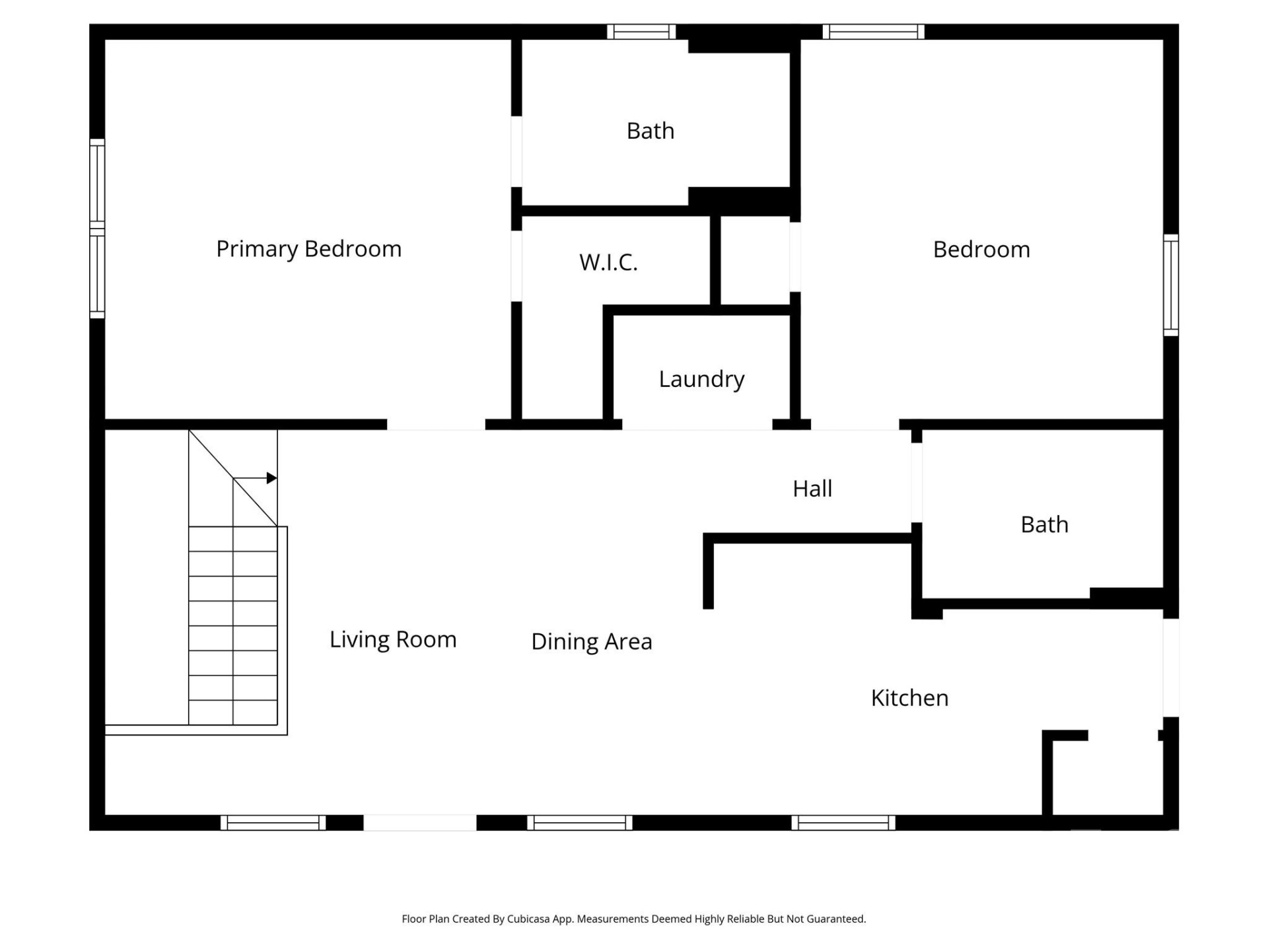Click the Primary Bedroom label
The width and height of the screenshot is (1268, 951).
click(308, 249)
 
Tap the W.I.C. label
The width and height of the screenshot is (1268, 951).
click(608, 262)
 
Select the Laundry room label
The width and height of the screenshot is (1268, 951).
click(701, 379)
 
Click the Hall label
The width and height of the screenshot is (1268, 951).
click(812, 489)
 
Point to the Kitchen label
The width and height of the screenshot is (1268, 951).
click(909, 697)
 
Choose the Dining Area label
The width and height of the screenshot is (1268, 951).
click(591, 641)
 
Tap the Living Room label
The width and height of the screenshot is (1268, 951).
click(393, 639)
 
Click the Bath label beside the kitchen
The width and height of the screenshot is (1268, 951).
click(1044, 524)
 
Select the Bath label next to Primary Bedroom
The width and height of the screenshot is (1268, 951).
click(650, 131)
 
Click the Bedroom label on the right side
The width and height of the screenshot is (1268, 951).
click(981, 250)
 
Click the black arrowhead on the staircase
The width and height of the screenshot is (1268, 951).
click(271, 478)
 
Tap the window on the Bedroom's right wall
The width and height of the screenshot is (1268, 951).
click(1170, 285)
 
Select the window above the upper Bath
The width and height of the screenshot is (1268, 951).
click(641, 32)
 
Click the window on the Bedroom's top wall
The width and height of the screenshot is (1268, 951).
click(873, 32)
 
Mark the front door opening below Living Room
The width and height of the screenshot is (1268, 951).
click(419, 822)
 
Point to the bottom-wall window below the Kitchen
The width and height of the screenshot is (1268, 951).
click(843, 822)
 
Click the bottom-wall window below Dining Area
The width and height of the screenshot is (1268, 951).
click(579, 822)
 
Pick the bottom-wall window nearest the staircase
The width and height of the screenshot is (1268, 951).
click(273, 822)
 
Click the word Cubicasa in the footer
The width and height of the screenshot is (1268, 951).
click(528, 919)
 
